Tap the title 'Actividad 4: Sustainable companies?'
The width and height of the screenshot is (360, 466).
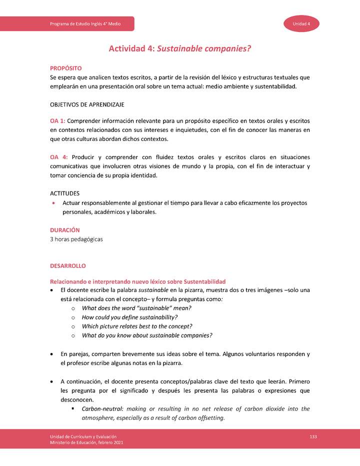(179, 48)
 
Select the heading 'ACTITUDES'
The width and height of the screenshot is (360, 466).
(65, 193)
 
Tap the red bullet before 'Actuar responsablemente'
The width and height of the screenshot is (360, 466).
(53, 203)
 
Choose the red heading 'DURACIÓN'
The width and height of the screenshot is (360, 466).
(65, 230)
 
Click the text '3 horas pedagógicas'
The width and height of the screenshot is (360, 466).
(76, 239)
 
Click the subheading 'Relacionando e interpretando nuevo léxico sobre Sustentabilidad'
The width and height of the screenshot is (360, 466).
(138, 281)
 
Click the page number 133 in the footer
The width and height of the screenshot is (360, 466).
(313, 437)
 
